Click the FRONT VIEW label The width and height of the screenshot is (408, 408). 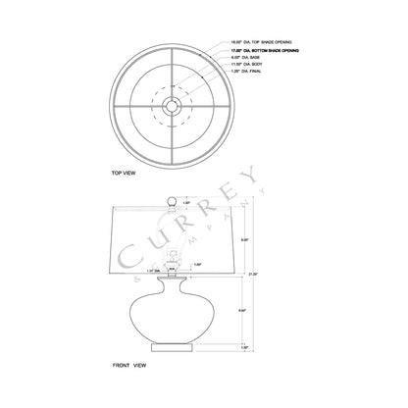pyautogui.click(x=130, y=365)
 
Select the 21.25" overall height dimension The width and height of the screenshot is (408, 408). pyautogui.click(x=257, y=274)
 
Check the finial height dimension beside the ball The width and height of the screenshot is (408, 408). pyautogui.click(x=187, y=202)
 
